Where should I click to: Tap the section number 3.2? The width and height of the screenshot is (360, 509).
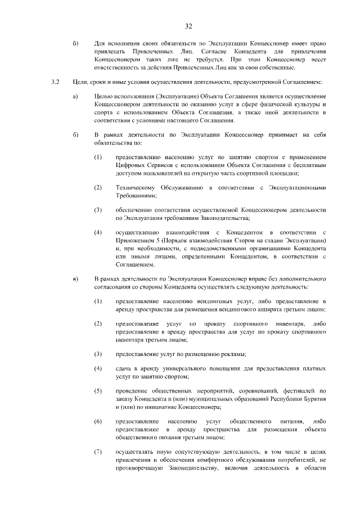(55, 82)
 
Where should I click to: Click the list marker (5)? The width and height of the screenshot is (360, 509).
(98, 390)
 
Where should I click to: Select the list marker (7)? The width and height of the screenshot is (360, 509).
(98, 451)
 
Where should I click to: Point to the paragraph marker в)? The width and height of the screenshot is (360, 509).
(75, 278)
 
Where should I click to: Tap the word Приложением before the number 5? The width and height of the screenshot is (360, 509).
(137, 241)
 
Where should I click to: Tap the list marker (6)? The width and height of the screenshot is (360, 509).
(98, 421)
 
